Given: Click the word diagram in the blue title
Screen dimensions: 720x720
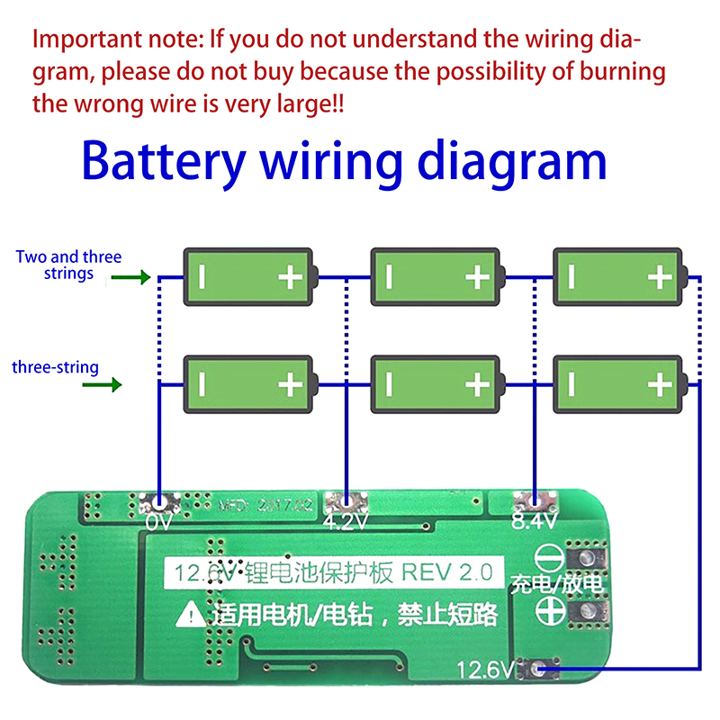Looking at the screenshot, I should (507, 162).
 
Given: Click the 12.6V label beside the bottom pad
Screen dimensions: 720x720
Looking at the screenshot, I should (485, 670).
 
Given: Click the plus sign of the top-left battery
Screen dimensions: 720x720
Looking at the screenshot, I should (290, 277).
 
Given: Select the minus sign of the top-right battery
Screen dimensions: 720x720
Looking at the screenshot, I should (573, 277).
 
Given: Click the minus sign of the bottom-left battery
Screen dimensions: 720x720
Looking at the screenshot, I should (202, 385).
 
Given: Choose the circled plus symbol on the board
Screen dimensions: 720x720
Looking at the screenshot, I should (547, 612).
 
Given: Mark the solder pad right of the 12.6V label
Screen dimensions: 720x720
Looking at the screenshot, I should (538, 669).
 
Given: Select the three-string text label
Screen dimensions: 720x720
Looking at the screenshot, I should (56, 367).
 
